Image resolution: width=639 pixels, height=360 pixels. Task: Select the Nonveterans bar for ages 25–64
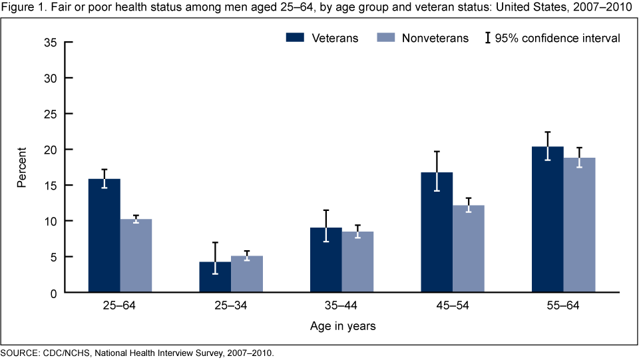click(136, 256)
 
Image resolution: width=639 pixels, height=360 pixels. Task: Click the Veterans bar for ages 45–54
click(437, 232)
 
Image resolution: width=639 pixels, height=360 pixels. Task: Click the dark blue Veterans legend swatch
click(295, 38)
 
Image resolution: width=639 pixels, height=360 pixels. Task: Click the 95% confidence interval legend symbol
click(488, 38)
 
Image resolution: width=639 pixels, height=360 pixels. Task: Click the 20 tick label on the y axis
click(50, 149)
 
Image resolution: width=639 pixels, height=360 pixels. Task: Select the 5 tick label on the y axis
click(53, 257)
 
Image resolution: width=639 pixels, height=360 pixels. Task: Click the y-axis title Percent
click(22, 167)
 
